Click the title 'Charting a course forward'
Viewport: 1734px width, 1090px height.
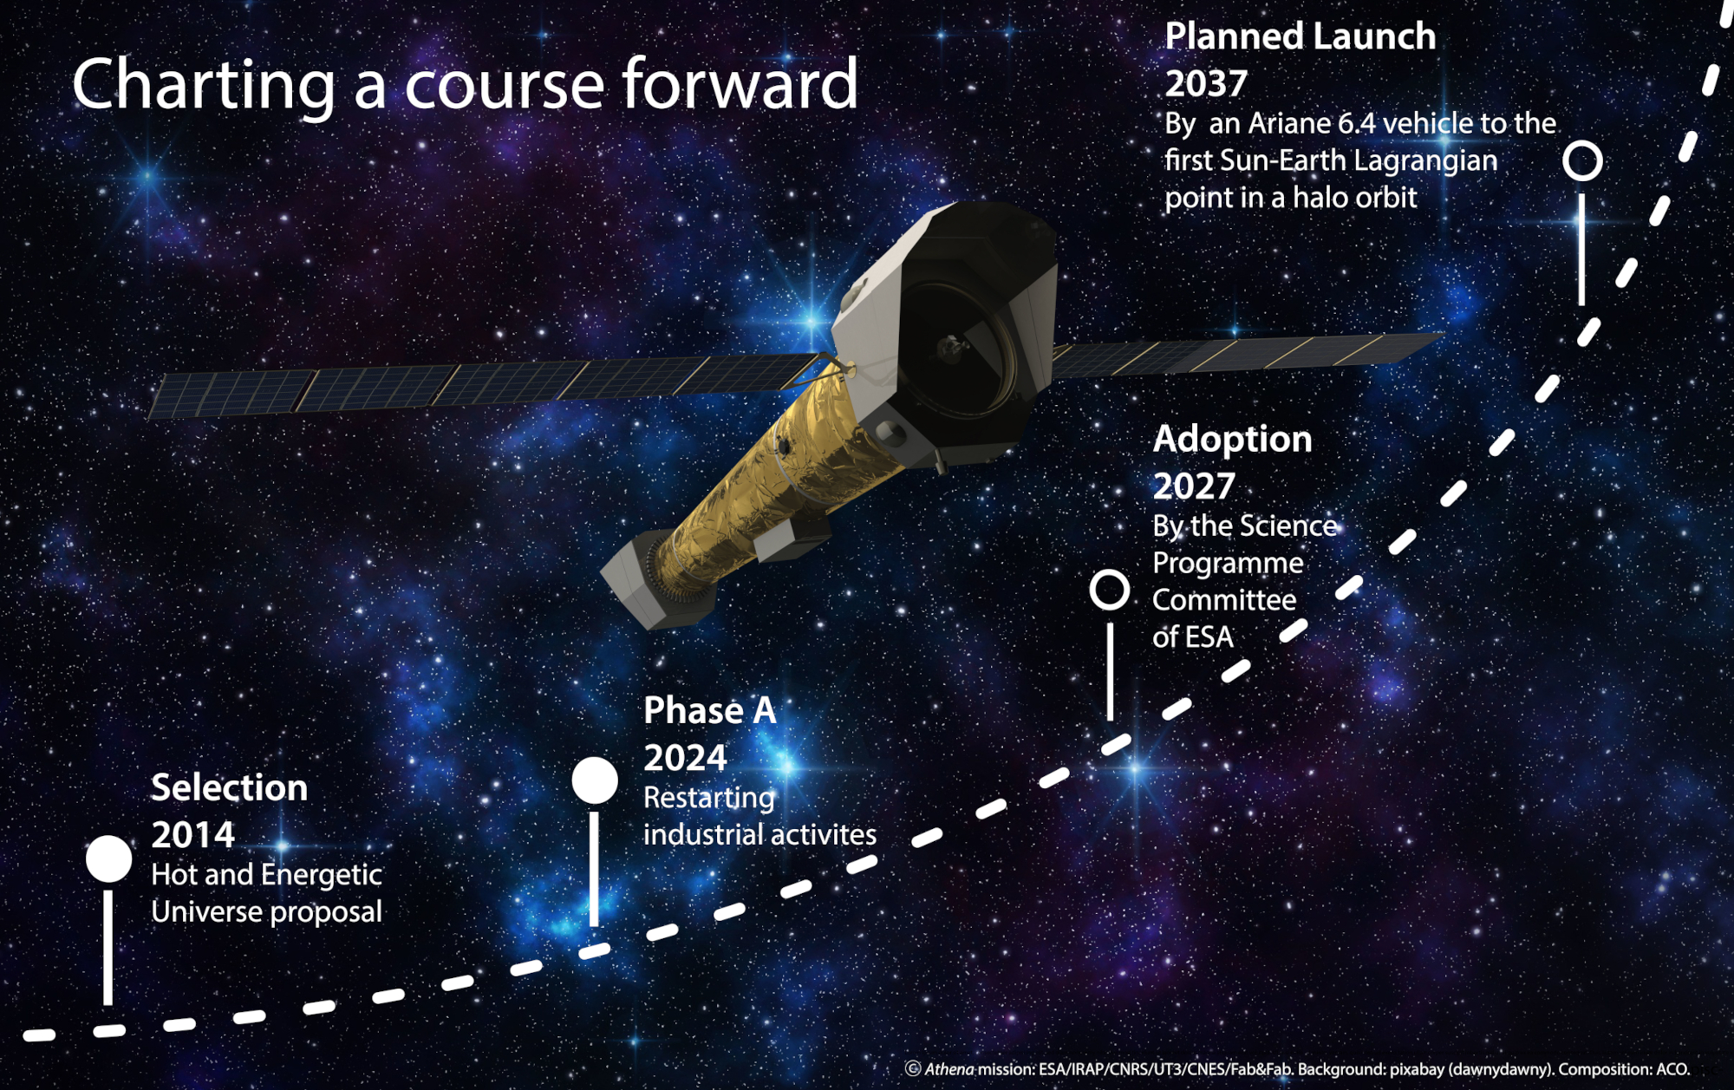[465, 84]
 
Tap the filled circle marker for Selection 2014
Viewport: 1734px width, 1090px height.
[108, 858]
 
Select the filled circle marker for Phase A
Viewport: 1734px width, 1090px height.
[595, 780]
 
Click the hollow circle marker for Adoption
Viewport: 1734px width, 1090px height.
[1109, 590]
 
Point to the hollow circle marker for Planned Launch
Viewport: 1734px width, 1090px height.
[1582, 161]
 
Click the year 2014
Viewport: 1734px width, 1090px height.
[192, 835]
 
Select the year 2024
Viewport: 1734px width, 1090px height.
[685, 758]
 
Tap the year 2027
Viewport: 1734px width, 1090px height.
[1193, 486]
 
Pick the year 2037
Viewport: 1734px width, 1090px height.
[1205, 84]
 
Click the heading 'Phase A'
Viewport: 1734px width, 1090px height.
[709, 710]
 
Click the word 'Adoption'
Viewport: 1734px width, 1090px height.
[1232, 439]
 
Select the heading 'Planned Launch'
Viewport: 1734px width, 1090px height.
[1300, 36]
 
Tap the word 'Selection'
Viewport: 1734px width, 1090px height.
[229, 787]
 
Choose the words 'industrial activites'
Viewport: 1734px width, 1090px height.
[759, 835]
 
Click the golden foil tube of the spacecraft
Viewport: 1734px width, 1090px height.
[763, 486]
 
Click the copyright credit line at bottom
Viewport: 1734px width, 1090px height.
[1297, 1069]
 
